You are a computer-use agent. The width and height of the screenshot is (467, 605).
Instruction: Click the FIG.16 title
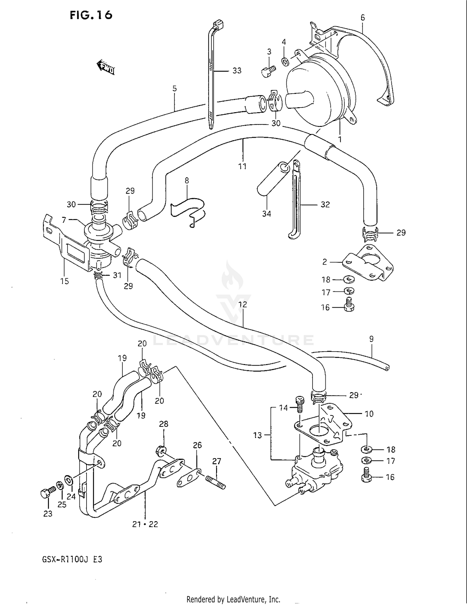pos(91,15)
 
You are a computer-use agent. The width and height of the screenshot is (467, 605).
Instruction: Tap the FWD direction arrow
pos(106,67)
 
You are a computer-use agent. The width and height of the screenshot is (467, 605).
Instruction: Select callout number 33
pos(237,71)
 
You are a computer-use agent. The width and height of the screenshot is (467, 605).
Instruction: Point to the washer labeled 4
pos(285,62)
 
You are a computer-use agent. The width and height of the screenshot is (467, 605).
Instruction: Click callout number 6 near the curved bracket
pos(363,18)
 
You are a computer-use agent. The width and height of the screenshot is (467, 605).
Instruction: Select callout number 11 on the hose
pos(243,166)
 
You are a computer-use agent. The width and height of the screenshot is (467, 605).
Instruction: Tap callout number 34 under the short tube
pos(267,214)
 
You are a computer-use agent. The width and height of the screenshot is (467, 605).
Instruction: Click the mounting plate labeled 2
pos(367,263)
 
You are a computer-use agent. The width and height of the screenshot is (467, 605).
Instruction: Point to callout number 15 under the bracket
pos(64,281)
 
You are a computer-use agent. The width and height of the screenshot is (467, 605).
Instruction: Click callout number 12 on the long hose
pos(243,304)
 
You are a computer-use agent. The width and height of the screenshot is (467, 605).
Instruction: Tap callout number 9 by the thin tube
pos(371,339)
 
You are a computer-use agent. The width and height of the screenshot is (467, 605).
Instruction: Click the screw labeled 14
pos(300,404)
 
